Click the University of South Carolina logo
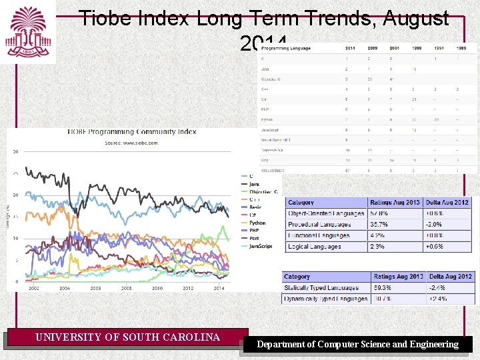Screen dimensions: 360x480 [x=27, y=32]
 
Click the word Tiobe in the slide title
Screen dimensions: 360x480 [x=100, y=19]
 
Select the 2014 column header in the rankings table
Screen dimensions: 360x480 [x=350, y=49]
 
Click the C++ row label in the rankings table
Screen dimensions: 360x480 [x=265, y=88]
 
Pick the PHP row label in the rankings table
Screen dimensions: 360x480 [x=265, y=109]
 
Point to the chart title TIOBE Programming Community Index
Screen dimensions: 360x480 [x=131, y=131]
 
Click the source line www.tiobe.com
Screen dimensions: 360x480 [x=131, y=142]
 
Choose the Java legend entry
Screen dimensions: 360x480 [x=254, y=183]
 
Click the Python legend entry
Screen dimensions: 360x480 [x=257, y=223]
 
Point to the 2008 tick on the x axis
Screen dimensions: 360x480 [x=126, y=288]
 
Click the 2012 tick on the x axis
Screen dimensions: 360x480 [x=188, y=288]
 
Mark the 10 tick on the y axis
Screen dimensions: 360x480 [x=15, y=239]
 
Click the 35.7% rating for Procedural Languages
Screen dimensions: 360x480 [x=379, y=225]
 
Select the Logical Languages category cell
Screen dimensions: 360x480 [x=315, y=247]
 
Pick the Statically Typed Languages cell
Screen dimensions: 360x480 [x=321, y=288]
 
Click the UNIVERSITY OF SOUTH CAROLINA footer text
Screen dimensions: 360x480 [x=127, y=337]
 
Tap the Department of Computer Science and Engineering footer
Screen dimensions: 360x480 [x=358, y=344]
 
